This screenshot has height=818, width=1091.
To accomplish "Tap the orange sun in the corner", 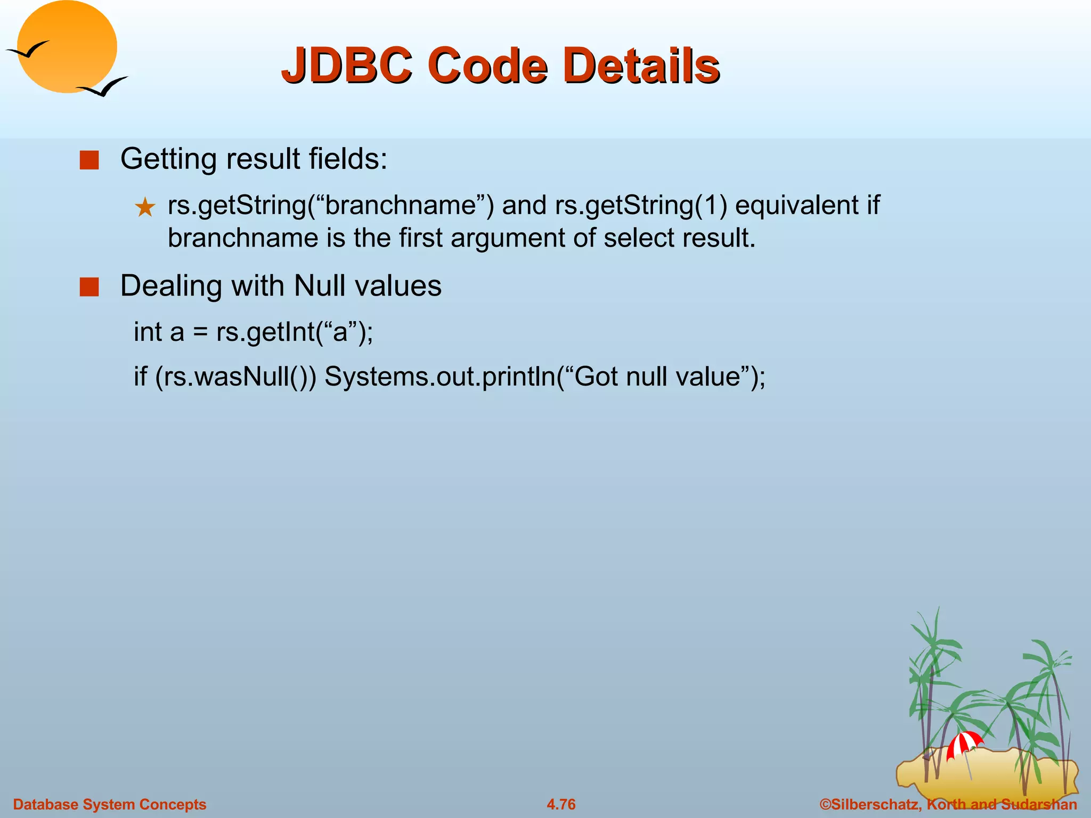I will (x=67, y=47).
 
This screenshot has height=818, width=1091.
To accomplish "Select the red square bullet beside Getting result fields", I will (x=89, y=160).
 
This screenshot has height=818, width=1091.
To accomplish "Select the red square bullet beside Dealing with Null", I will (x=89, y=287).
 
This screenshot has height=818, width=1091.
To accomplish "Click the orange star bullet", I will (x=145, y=207).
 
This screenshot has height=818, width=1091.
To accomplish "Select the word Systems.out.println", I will (x=439, y=377).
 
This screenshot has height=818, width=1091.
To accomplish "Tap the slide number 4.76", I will (x=561, y=804).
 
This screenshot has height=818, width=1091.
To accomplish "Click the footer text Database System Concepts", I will (x=109, y=804).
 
